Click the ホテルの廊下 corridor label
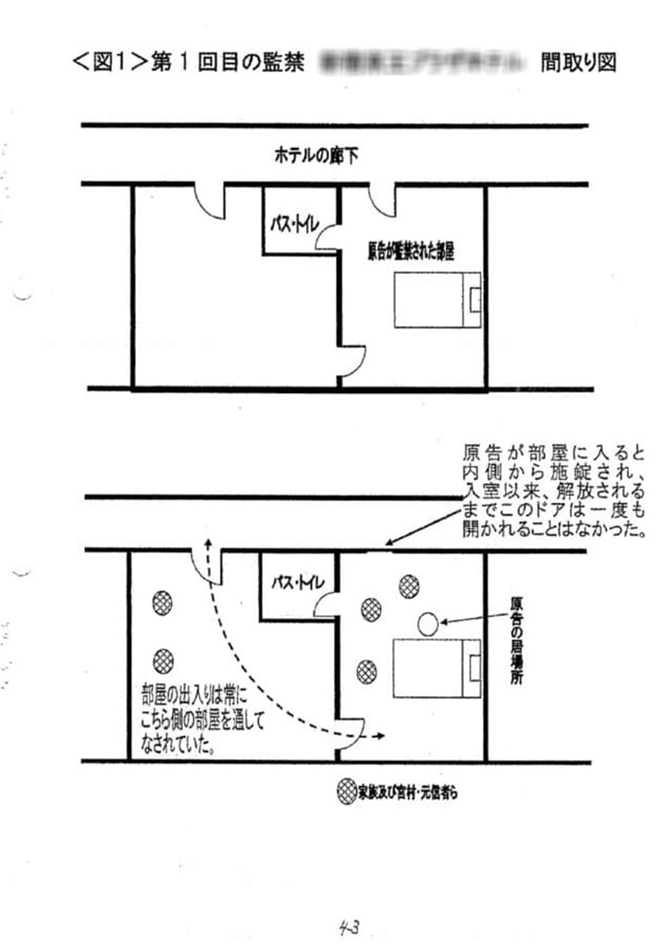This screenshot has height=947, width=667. point(315,156)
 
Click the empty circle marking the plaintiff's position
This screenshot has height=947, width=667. point(426,623)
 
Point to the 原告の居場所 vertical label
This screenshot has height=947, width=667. point(517,639)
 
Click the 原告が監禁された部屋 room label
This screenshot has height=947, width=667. point(414,251)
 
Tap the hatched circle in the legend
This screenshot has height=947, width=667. point(345,793)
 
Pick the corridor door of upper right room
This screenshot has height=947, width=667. point(384,200)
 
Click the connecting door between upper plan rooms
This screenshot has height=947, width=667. point(352,359)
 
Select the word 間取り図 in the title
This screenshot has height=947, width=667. point(579,63)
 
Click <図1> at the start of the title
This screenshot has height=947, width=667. point(110,63)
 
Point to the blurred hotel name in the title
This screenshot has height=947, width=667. point(429,63)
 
